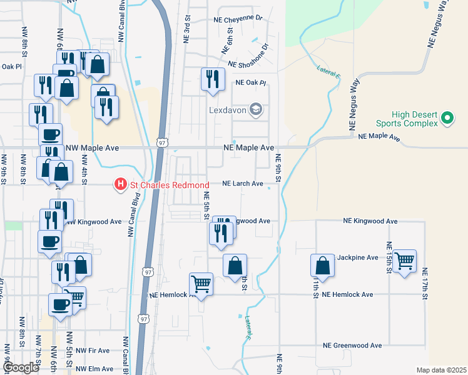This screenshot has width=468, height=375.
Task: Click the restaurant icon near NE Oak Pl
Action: coord(212,79)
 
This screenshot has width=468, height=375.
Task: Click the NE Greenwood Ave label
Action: coord(352,346)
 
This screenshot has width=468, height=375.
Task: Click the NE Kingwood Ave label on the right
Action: coord(370,221)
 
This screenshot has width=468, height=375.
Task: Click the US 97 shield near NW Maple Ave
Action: coord(162,143)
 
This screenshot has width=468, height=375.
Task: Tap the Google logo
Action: coord(21,367)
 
